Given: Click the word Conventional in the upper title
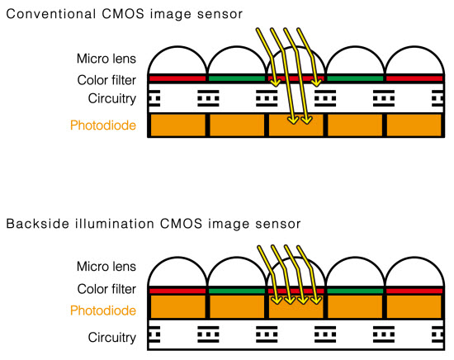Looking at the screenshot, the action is coord(51,14).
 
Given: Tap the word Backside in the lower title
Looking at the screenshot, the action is coord(37,224).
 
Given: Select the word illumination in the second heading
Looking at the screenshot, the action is coord(115,224).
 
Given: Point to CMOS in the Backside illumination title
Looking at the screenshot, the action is coord(181,224).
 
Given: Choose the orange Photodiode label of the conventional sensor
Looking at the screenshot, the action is coord(103,126).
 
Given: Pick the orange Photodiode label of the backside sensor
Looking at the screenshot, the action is coord(103,310).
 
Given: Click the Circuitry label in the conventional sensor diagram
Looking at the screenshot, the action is coord(112,99).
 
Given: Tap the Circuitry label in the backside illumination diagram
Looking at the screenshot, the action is coord(112,338).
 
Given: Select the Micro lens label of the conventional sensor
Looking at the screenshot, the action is coord(106,59).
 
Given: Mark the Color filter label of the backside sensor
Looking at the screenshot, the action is coord(106,289).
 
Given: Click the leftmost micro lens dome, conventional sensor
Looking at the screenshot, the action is coord(177,46).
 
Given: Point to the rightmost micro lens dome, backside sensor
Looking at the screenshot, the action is coord(414,258).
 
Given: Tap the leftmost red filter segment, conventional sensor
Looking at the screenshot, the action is coord(177,78).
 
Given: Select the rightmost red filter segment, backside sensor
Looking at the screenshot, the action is coord(414,291).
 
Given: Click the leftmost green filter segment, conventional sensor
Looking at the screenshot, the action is coord(237,78).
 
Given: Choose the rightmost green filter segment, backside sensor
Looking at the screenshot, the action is coord(355,291).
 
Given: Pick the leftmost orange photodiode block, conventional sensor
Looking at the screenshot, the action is coord(177,126).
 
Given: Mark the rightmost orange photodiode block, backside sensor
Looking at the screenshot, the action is coord(414,306).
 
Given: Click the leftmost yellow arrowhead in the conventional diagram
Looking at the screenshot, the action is coord(276,83).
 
